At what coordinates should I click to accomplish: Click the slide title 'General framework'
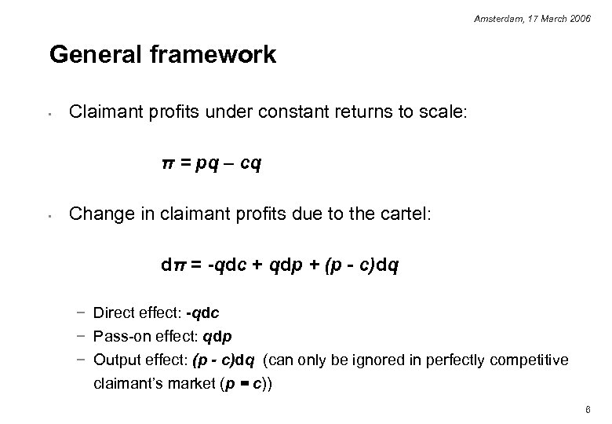162,55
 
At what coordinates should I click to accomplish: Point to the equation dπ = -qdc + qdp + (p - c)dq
279,265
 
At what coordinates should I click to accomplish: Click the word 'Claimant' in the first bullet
101,113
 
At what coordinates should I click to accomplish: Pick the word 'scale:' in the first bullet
443,113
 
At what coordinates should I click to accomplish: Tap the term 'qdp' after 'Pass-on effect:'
217,337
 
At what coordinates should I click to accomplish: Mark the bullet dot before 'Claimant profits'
49,115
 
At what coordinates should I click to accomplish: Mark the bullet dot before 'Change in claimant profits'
49,216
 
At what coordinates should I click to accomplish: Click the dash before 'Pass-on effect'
82,337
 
